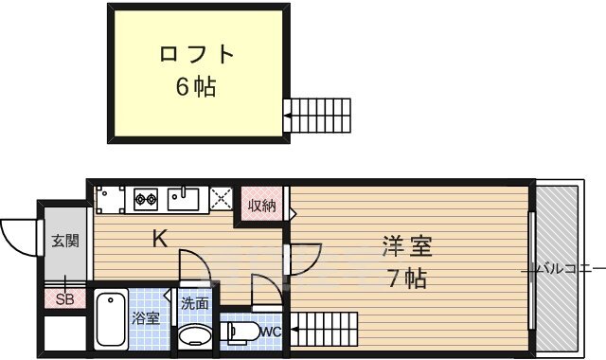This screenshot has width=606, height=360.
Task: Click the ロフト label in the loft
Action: pos(196,54)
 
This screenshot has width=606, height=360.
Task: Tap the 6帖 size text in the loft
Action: pos(196,87)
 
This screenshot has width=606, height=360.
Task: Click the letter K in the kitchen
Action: pos(161,240)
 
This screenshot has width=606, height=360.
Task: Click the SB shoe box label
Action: pos(64,300)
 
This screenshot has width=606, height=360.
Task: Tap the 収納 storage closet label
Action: pos(262,206)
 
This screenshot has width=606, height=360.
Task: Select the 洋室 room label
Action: pos(407,248)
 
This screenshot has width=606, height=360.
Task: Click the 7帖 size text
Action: pos(407,279)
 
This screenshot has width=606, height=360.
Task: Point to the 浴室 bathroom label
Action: pos(145,317)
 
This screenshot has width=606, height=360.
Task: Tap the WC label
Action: pos(270,332)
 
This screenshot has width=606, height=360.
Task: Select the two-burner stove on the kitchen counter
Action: pos(146,199)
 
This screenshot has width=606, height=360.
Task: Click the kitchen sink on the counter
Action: pos(185,199)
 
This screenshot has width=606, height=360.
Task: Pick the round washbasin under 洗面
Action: pos(196,335)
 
